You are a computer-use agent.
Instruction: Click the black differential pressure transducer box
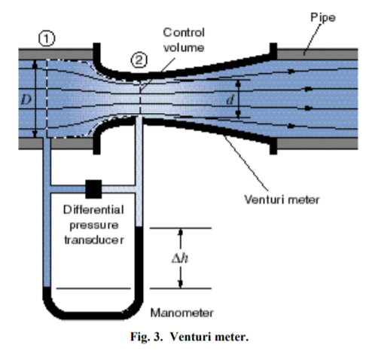[x=93, y=186]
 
